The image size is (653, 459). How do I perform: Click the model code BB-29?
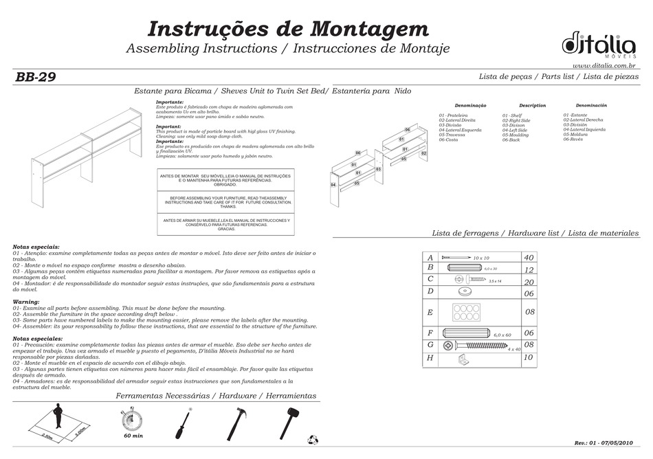pyautogui.click(x=35, y=77)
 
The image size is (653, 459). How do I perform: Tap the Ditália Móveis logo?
pyautogui.click(x=598, y=44)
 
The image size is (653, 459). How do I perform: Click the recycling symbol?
pyautogui.click(x=314, y=437)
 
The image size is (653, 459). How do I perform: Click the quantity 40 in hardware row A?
pyautogui.click(x=529, y=257)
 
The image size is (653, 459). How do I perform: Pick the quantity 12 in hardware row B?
pyautogui.click(x=529, y=270)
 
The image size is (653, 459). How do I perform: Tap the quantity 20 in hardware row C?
pyautogui.click(x=529, y=282)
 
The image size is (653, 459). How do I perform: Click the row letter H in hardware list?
pyautogui.click(x=430, y=358)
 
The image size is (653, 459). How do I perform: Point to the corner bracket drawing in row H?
pyautogui.click(x=465, y=358)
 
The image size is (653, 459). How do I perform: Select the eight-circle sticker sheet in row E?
pyautogui.click(x=466, y=312)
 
